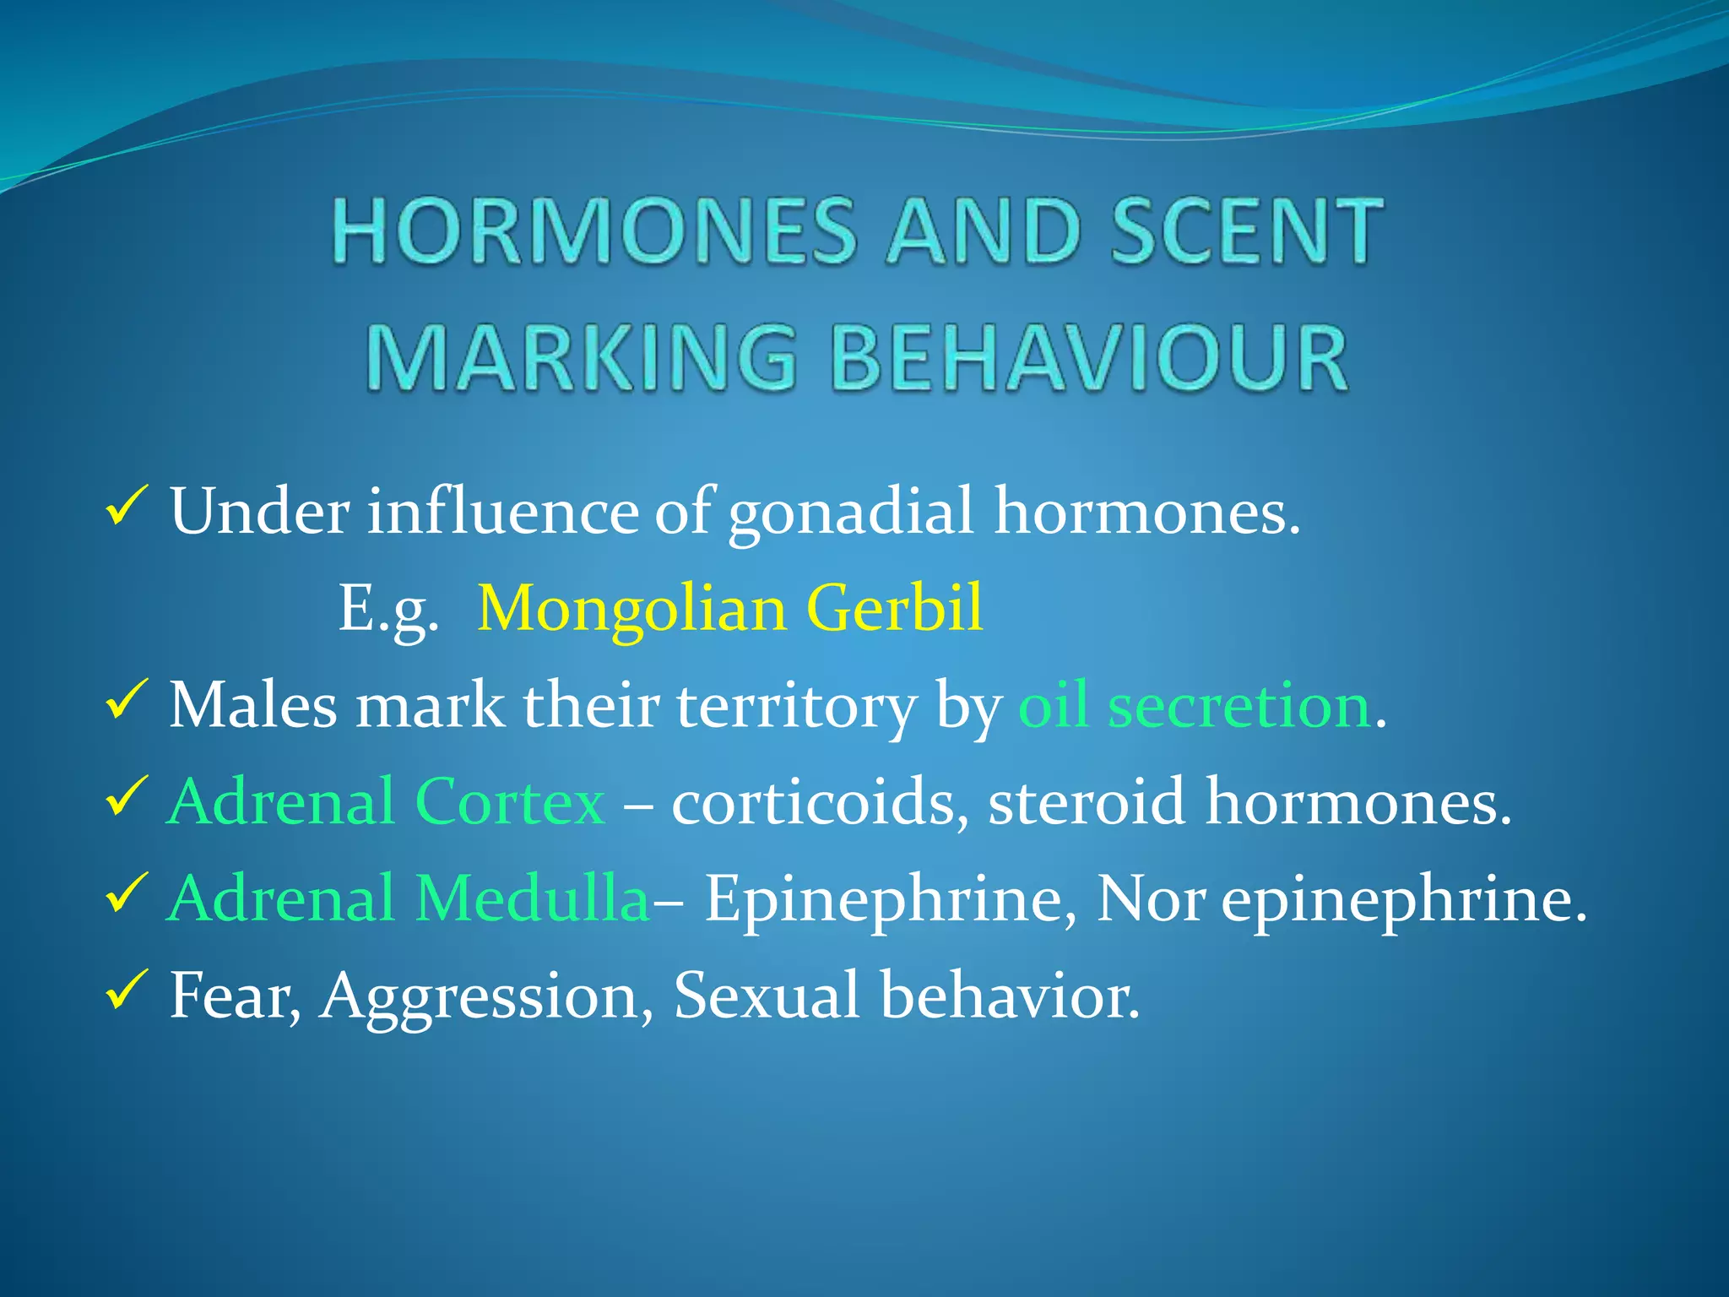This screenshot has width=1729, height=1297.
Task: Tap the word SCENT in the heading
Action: tap(1246, 231)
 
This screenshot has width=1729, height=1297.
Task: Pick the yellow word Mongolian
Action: tap(631, 608)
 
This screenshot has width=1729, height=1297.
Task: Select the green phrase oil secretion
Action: tap(1194, 705)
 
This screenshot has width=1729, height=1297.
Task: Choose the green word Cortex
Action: tap(510, 801)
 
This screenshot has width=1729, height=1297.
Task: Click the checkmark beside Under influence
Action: tap(127, 507)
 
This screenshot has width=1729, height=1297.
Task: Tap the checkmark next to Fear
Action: tap(127, 990)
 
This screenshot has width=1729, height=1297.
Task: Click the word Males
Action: tap(252, 705)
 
